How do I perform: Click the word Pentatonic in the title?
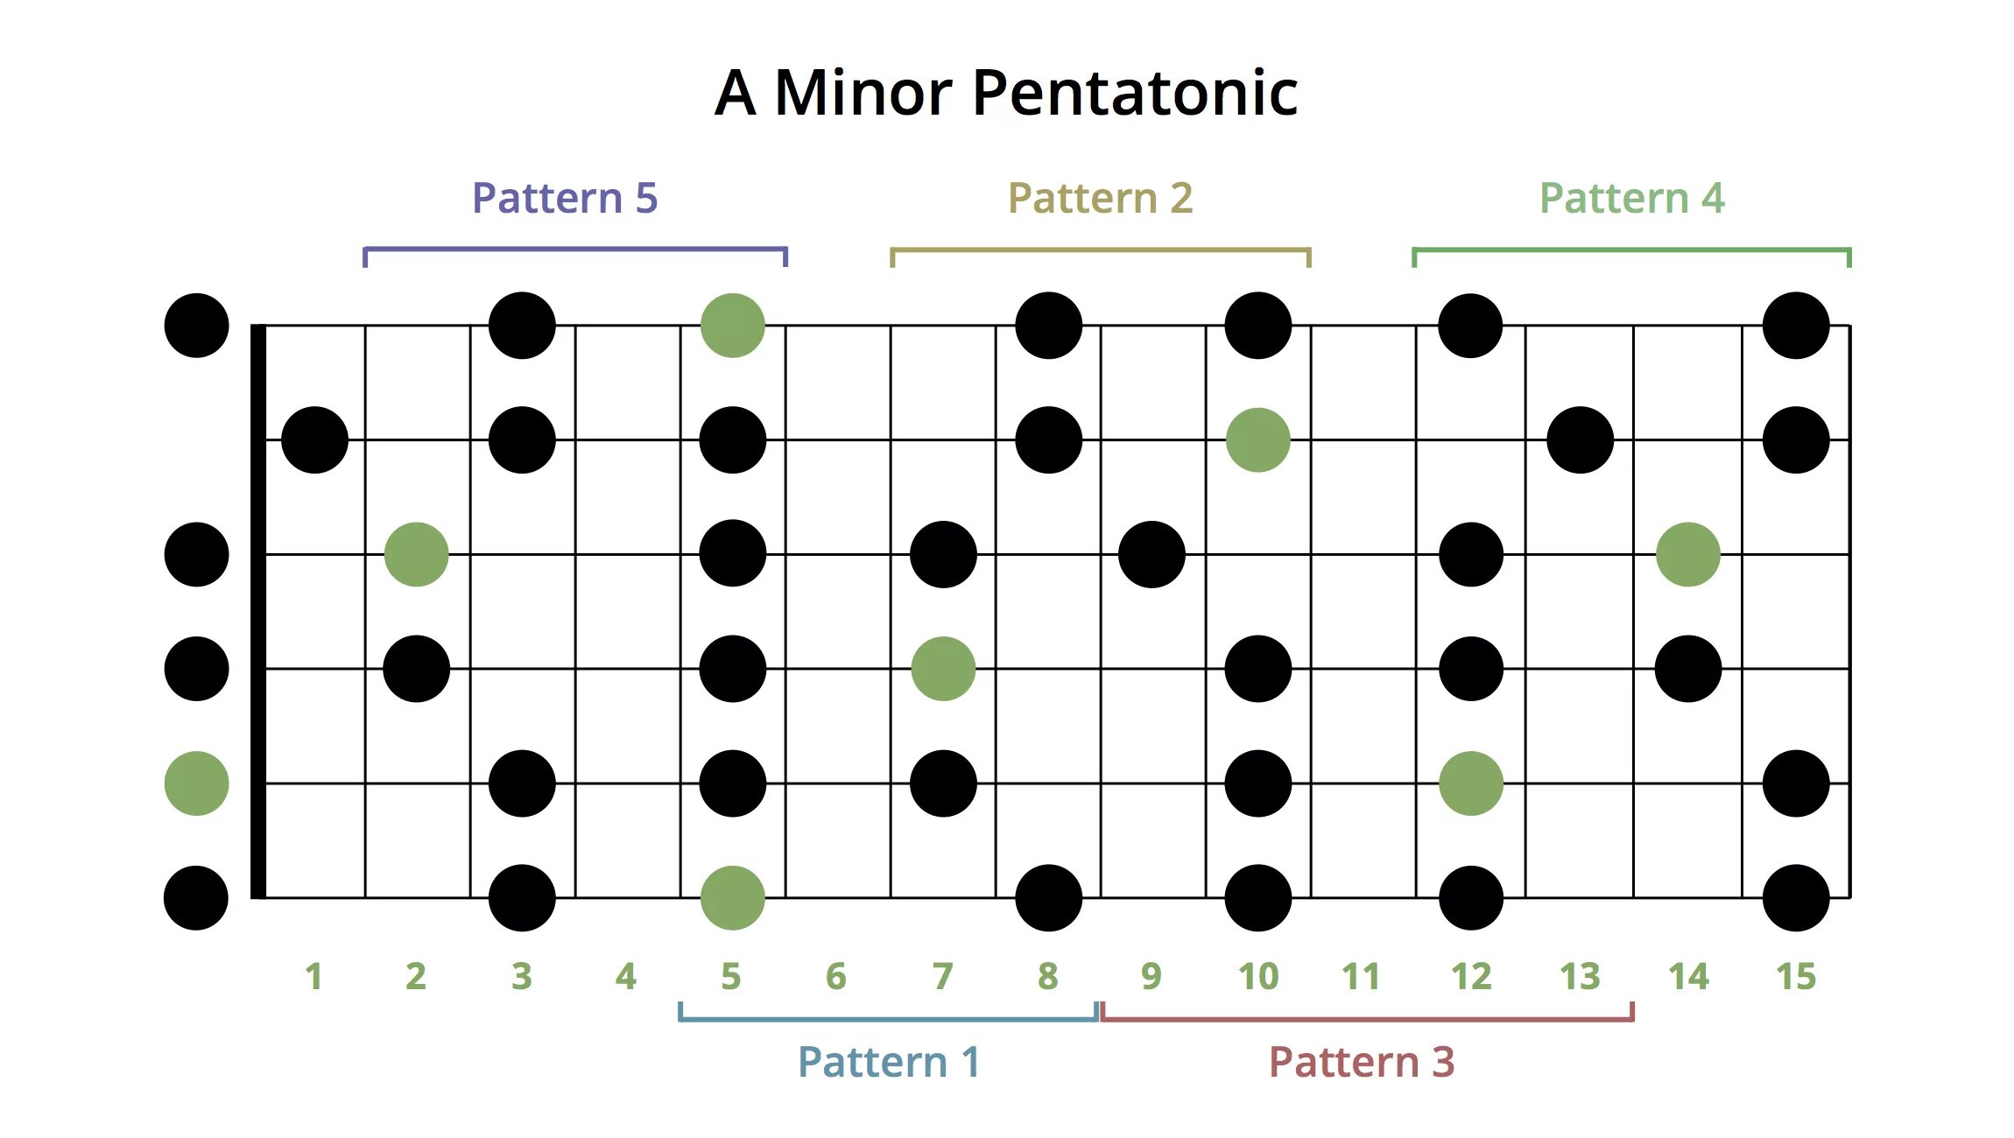pos(1135,93)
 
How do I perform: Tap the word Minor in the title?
pos(863,93)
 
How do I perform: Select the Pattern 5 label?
pos(565,198)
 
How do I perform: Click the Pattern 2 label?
pos(1101,198)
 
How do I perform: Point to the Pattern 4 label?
pos(1632,198)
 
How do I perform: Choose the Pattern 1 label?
pos(889,1062)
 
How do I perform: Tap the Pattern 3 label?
pos(1362,1062)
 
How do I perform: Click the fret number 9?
pos(1151,976)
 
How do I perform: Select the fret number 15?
pos(1796,976)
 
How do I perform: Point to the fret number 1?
pos(313,976)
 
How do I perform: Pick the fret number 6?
pos(836,976)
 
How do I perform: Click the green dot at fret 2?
pos(417,554)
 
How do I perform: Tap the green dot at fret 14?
pos(1688,554)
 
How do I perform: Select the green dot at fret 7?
pos(943,669)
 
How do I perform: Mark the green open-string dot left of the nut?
pos(197,783)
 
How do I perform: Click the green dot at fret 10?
pos(1258,439)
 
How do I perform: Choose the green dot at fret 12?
pos(1471,783)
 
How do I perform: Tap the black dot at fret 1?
pos(315,439)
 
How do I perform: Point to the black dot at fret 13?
pos(1581,439)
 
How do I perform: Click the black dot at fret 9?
pos(1152,554)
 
